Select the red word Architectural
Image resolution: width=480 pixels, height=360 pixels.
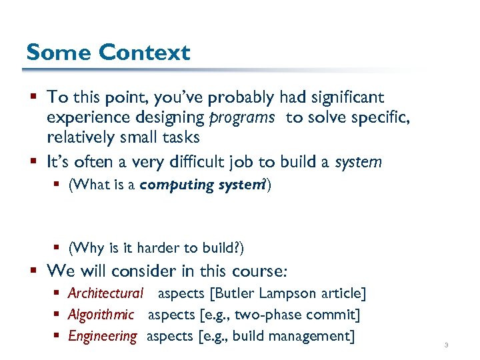pos(105,293)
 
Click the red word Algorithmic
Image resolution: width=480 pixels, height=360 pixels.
pos(101,315)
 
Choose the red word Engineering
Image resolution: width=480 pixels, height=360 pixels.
pos(103,336)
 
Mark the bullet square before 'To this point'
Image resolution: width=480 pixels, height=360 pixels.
pos(33,98)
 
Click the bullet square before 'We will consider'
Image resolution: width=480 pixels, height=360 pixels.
pos(33,271)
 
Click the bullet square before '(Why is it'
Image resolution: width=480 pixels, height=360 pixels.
pos(57,249)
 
